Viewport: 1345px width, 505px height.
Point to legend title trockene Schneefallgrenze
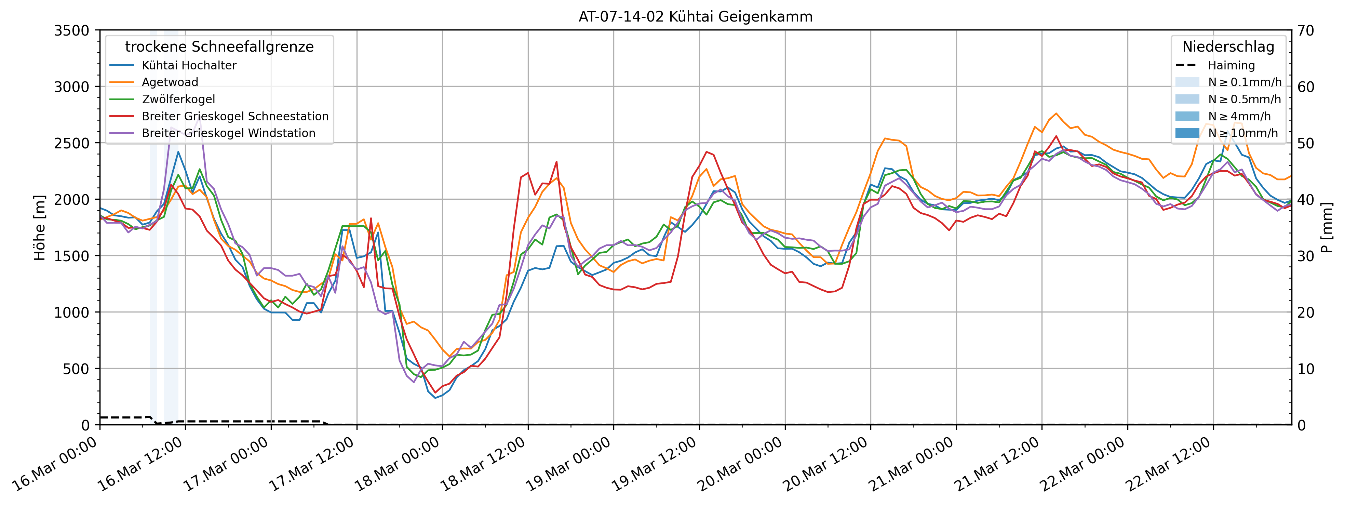[x=219, y=47]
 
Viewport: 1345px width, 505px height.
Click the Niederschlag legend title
[x=1228, y=47]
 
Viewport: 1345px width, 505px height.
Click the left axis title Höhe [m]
[x=40, y=228]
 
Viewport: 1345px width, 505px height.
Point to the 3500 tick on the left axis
[x=71, y=31]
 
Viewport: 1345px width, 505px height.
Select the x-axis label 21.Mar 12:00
[x=997, y=465]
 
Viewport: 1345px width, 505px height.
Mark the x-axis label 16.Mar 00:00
[x=55, y=465]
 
